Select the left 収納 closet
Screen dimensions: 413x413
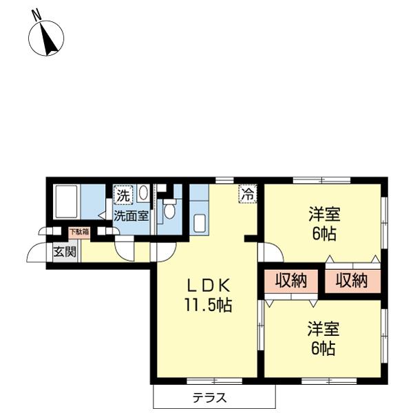[291, 281]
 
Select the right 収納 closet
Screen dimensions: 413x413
[351, 281]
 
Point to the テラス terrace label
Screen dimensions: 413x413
[209, 397]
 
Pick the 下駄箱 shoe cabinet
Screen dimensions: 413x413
[78, 232]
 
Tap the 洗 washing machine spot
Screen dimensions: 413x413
[122, 195]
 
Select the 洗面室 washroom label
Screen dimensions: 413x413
[131, 215]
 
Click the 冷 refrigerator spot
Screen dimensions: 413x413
[246, 195]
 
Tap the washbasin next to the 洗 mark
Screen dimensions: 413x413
[142, 193]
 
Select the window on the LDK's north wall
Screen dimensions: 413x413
[223, 180]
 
